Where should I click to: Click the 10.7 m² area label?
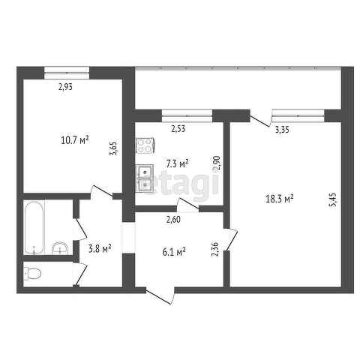(x=75, y=139)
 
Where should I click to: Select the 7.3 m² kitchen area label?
(x=177, y=162)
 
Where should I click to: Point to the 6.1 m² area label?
(x=174, y=252)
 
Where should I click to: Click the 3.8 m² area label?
(x=100, y=248)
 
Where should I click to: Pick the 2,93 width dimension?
(x=67, y=87)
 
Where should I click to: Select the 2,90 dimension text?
(x=217, y=163)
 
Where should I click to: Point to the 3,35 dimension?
(x=282, y=130)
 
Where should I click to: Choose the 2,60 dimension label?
(x=173, y=219)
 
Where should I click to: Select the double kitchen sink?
(x=145, y=178)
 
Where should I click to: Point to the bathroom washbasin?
(x=60, y=247)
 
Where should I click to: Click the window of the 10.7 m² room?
(x=67, y=71)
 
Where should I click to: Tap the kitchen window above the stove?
(x=187, y=114)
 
